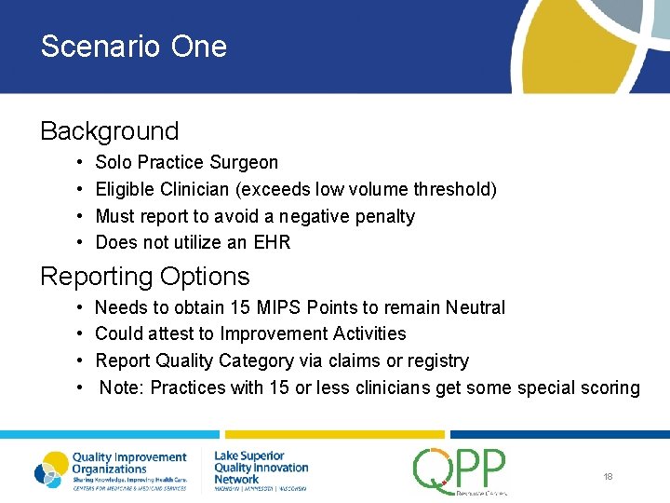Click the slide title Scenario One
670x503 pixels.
[x=133, y=47]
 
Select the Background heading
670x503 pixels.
[x=109, y=131]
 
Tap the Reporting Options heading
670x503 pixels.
[x=144, y=277]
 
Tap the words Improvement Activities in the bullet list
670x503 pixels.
[x=313, y=333]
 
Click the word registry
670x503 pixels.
[x=438, y=360]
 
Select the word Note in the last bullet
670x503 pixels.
[x=120, y=387]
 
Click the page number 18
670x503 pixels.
[x=608, y=477]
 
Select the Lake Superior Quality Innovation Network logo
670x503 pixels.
[x=261, y=468]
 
